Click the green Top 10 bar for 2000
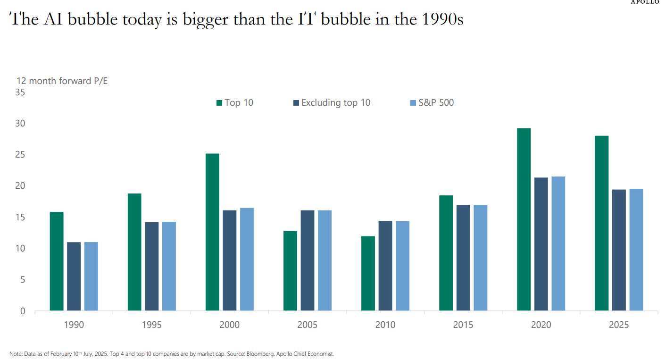[x=212, y=232]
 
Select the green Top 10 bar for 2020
[x=524, y=219]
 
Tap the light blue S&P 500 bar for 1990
[x=91, y=276]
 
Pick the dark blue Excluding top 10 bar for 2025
[x=619, y=250]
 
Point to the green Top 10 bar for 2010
[x=368, y=273]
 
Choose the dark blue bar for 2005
[x=308, y=260]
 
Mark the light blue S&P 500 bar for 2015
[x=480, y=258]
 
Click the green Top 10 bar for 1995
[x=134, y=252]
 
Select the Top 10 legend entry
[x=234, y=102]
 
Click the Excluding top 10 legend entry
[x=331, y=102]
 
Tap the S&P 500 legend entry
[x=432, y=102]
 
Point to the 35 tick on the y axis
[x=20, y=92]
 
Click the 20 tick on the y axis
[x=20, y=186]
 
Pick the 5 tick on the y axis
[x=22, y=280]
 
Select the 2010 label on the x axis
[x=385, y=325]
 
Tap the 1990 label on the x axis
[x=74, y=325]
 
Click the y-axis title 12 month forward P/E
[x=62, y=81]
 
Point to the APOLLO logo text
[x=648, y=2]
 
